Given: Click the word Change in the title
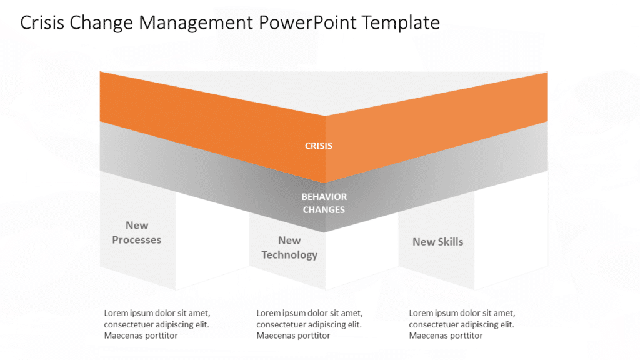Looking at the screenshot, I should (105, 22).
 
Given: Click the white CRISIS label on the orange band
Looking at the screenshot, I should (319, 146).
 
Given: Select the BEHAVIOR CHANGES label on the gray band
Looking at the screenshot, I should (324, 203).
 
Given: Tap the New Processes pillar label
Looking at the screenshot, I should (137, 232).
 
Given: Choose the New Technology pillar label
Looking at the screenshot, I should (289, 247).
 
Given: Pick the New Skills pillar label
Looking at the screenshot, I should (437, 242).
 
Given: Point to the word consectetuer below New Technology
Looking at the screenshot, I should (287, 324).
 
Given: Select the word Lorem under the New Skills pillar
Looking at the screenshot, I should (422, 313).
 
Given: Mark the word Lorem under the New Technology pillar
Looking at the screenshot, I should (269, 313).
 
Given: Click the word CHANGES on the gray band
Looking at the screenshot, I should (324, 210).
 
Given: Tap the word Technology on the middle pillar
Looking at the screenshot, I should (289, 255).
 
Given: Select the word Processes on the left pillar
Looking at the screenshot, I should (137, 240).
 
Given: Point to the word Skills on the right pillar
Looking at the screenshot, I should (450, 242).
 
